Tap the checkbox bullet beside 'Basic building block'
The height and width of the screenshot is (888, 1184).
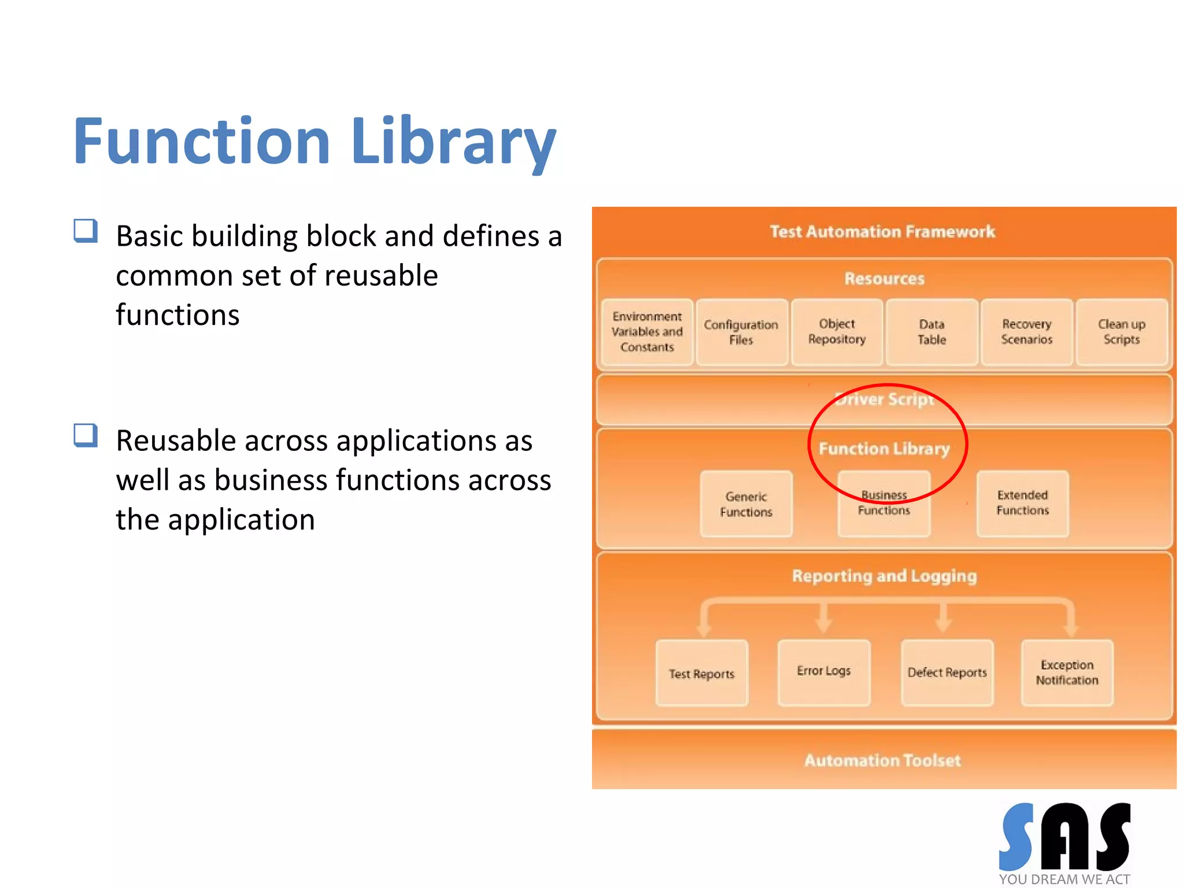[x=86, y=231]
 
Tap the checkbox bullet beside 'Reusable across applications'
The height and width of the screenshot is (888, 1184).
[x=86, y=435]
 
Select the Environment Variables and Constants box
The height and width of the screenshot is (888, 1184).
[x=647, y=332]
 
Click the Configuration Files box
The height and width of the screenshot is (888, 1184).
[x=741, y=332]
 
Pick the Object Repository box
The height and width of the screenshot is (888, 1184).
[x=837, y=332]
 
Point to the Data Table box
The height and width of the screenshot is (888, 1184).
[x=931, y=332]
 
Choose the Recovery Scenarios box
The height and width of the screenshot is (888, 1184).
[x=1026, y=332]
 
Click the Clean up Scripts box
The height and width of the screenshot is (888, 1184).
[x=1122, y=332]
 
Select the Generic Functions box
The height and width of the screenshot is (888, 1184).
[x=746, y=504]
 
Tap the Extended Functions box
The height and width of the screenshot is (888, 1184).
[x=1022, y=503]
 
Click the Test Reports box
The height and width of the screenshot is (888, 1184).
[x=701, y=674]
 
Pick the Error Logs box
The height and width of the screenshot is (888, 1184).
[x=824, y=672]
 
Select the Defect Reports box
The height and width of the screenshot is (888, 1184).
[x=947, y=672]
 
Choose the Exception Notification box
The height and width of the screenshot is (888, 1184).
[x=1067, y=672]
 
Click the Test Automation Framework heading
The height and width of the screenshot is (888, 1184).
[x=882, y=232]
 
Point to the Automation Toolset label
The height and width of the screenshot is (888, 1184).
[x=882, y=760]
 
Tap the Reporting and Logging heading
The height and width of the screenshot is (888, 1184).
[x=884, y=576]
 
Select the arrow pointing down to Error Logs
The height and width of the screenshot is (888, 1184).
[x=824, y=620]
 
